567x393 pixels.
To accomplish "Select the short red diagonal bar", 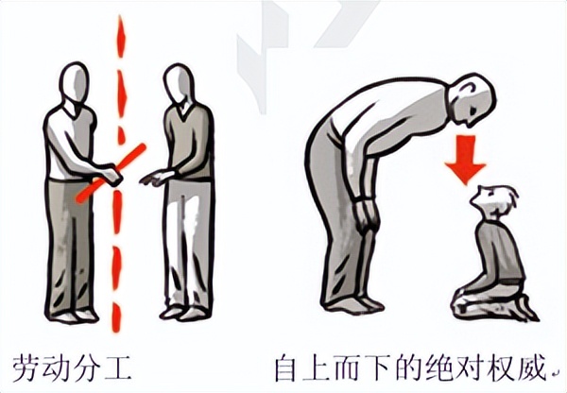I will (x=112, y=171).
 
